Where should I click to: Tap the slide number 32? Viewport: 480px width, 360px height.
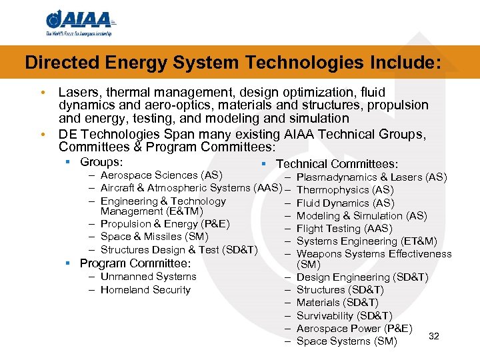(435, 335)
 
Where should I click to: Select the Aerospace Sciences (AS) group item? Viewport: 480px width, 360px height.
(161, 175)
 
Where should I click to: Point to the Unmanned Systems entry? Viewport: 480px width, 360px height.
(148, 277)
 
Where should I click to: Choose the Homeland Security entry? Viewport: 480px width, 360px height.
(145, 290)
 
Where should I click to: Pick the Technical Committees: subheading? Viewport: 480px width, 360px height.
(337, 164)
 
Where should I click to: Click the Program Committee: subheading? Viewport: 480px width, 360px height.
(135, 263)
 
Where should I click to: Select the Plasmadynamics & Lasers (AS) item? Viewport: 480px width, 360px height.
(371, 177)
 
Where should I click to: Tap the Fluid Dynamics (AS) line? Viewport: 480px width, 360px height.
(345, 203)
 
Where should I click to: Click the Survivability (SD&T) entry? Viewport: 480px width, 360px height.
(344, 316)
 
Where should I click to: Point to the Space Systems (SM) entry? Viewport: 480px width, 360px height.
(347, 341)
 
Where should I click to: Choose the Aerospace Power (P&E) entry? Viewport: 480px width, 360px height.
(354, 329)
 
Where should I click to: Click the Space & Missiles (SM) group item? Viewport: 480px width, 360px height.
(154, 237)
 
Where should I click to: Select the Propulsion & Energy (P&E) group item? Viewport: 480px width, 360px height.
(165, 224)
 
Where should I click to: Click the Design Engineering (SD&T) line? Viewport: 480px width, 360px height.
(362, 277)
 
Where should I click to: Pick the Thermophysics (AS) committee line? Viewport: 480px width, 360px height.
(345, 190)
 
